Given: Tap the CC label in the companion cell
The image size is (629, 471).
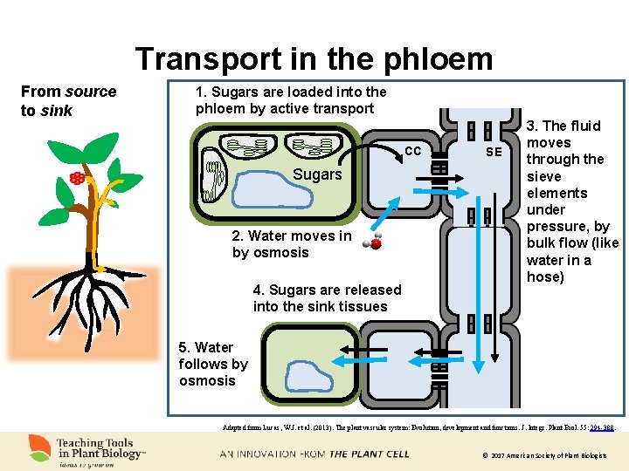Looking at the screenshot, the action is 413,151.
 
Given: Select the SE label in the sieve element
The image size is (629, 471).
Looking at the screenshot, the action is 494,152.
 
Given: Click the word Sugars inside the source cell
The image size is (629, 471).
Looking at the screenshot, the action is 317,174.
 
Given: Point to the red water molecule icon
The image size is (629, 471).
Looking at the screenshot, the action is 375,243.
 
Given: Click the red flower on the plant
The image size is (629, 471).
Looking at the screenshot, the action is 78,180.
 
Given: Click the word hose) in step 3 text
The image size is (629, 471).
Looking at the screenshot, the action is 545,277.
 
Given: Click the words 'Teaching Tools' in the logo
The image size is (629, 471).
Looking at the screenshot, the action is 95,443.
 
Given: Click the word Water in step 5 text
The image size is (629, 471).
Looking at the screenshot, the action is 214,347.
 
